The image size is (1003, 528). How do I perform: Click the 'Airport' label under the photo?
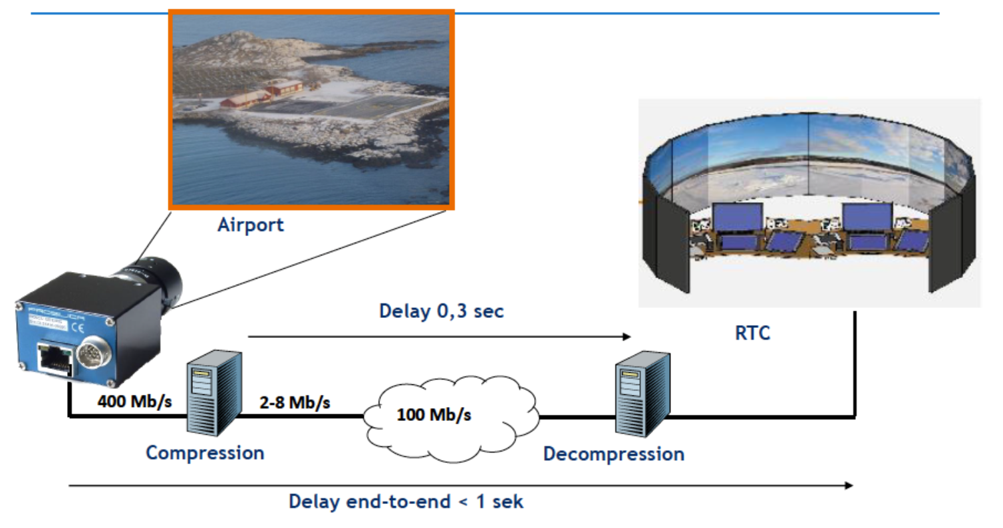tap(250, 225)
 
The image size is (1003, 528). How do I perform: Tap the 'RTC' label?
tap(752, 332)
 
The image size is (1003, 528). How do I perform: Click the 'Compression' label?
tap(205, 453)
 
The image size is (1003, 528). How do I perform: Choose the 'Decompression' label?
tap(613, 454)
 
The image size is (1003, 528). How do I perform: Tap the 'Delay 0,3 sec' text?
tap(441, 311)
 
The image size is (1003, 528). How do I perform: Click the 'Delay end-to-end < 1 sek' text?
tap(406, 501)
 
